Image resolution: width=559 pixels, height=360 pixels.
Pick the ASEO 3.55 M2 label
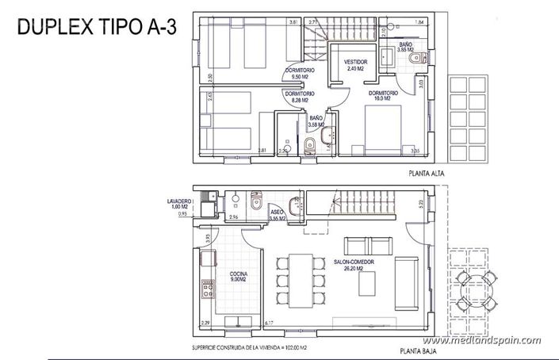tap(278, 215)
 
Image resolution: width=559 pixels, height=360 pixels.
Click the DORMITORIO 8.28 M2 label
tap(299, 97)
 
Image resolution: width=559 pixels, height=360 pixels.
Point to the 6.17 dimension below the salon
tap(269, 324)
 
